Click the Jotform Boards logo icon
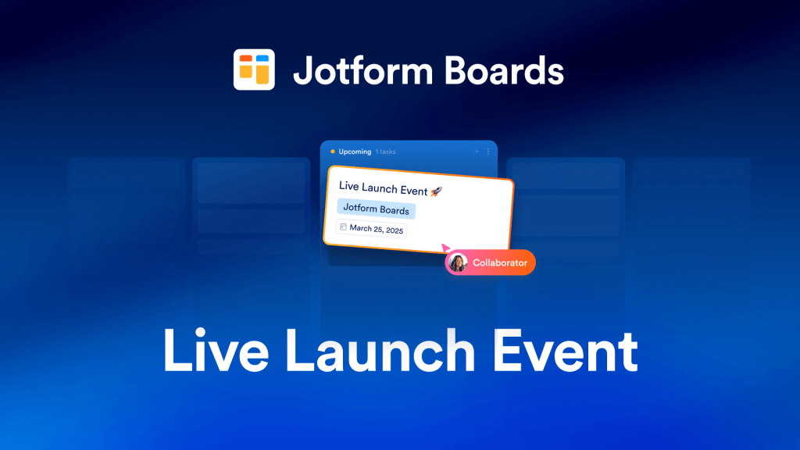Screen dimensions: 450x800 [x=254, y=70]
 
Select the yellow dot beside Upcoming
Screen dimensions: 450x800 [x=333, y=152]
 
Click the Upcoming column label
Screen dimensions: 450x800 [x=355, y=152]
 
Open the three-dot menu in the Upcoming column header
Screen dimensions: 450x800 [x=488, y=152]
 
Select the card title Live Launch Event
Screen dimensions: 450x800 [x=383, y=190]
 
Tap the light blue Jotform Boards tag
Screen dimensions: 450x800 [x=377, y=209]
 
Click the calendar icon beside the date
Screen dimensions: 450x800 [x=343, y=227]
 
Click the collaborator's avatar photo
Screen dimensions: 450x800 [x=459, y=263]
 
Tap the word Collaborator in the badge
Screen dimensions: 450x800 [x=500, y=263]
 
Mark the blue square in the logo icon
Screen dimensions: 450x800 [x=263, y=59]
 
